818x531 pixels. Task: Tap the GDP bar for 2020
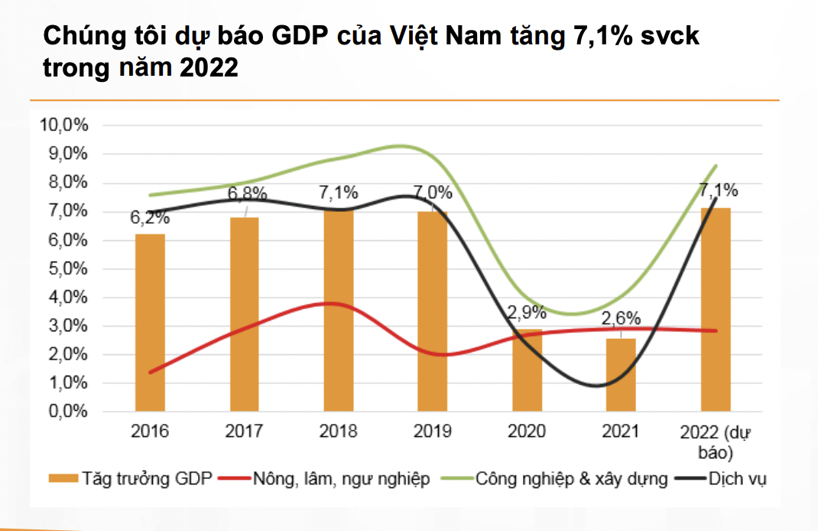click(527, 370)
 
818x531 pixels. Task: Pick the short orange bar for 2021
click(621, 375)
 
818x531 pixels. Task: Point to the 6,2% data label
click(150, 217)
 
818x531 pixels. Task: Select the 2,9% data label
click(527, 312)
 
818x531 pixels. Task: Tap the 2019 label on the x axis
click(432, 432)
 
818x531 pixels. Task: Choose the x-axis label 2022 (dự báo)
click(716, 441)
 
